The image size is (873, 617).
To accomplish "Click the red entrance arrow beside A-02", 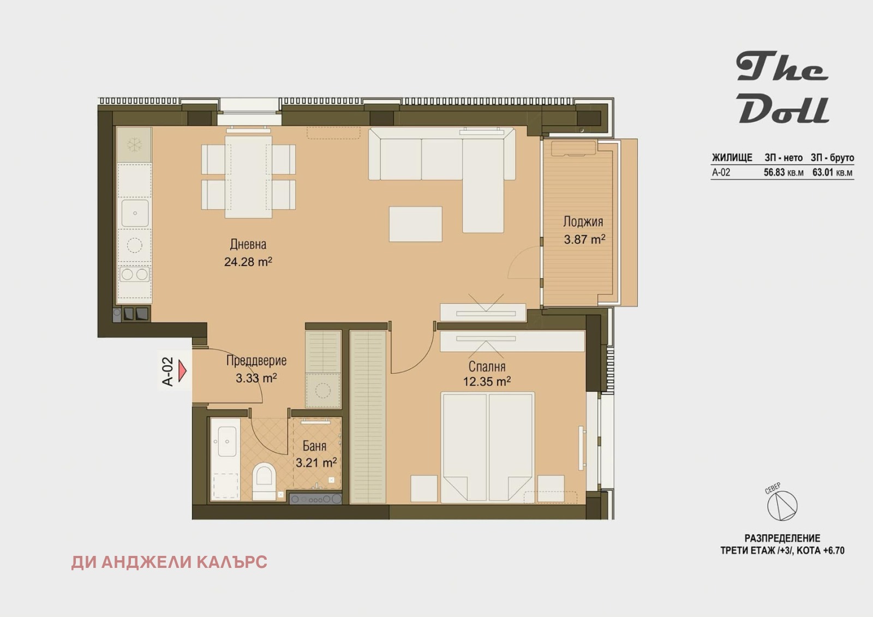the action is (182, 370).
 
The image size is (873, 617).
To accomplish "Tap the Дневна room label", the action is (248, 244).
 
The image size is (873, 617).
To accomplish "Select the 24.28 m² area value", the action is (248, 261).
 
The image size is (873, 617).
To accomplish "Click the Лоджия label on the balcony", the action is (583, 222).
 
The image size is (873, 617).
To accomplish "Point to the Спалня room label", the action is (487, 367).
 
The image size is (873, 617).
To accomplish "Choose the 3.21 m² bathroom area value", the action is (316, 463).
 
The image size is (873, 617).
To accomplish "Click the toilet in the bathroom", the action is (264, 481).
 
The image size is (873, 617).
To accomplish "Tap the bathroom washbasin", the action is (227, 441).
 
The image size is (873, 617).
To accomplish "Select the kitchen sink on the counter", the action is (135, 213).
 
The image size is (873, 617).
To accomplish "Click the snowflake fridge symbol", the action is (134, 145).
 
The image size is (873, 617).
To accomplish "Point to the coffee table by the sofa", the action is (415, 224).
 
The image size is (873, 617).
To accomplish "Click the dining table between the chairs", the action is (248, 177).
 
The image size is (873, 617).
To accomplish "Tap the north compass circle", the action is (782, 506).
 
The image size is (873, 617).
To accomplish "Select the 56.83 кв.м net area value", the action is (784, 172).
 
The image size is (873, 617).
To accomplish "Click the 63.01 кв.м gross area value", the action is (832, 172).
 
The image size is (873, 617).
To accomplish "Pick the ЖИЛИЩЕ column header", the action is (732, 158).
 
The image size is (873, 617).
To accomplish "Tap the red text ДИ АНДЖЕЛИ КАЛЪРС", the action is (169, 562).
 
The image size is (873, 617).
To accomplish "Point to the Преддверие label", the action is (256, 361).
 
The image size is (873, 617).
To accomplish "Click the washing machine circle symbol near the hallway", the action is (322, 390).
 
